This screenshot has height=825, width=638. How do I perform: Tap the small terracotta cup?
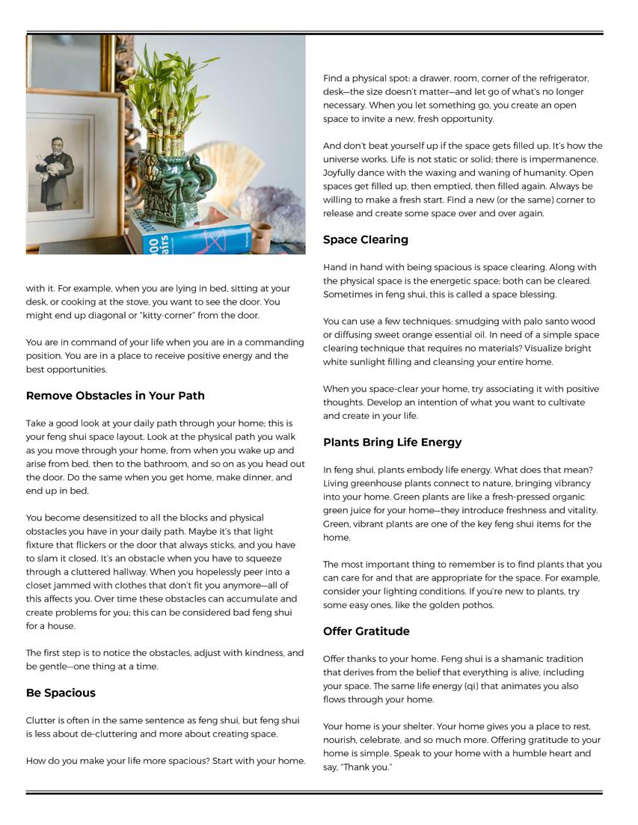click(260, 237)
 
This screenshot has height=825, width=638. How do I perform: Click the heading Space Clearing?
click(366, 240)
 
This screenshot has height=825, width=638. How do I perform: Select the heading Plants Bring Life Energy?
click(392, 443)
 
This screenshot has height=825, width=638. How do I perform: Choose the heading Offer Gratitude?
click(366, 631)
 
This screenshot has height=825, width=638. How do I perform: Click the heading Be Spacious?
click(61, 693)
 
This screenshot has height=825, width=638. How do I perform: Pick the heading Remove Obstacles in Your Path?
click(115, 396)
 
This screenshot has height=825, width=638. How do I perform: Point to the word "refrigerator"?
click(561, 79)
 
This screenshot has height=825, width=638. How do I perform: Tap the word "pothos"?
click(478, 605)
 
